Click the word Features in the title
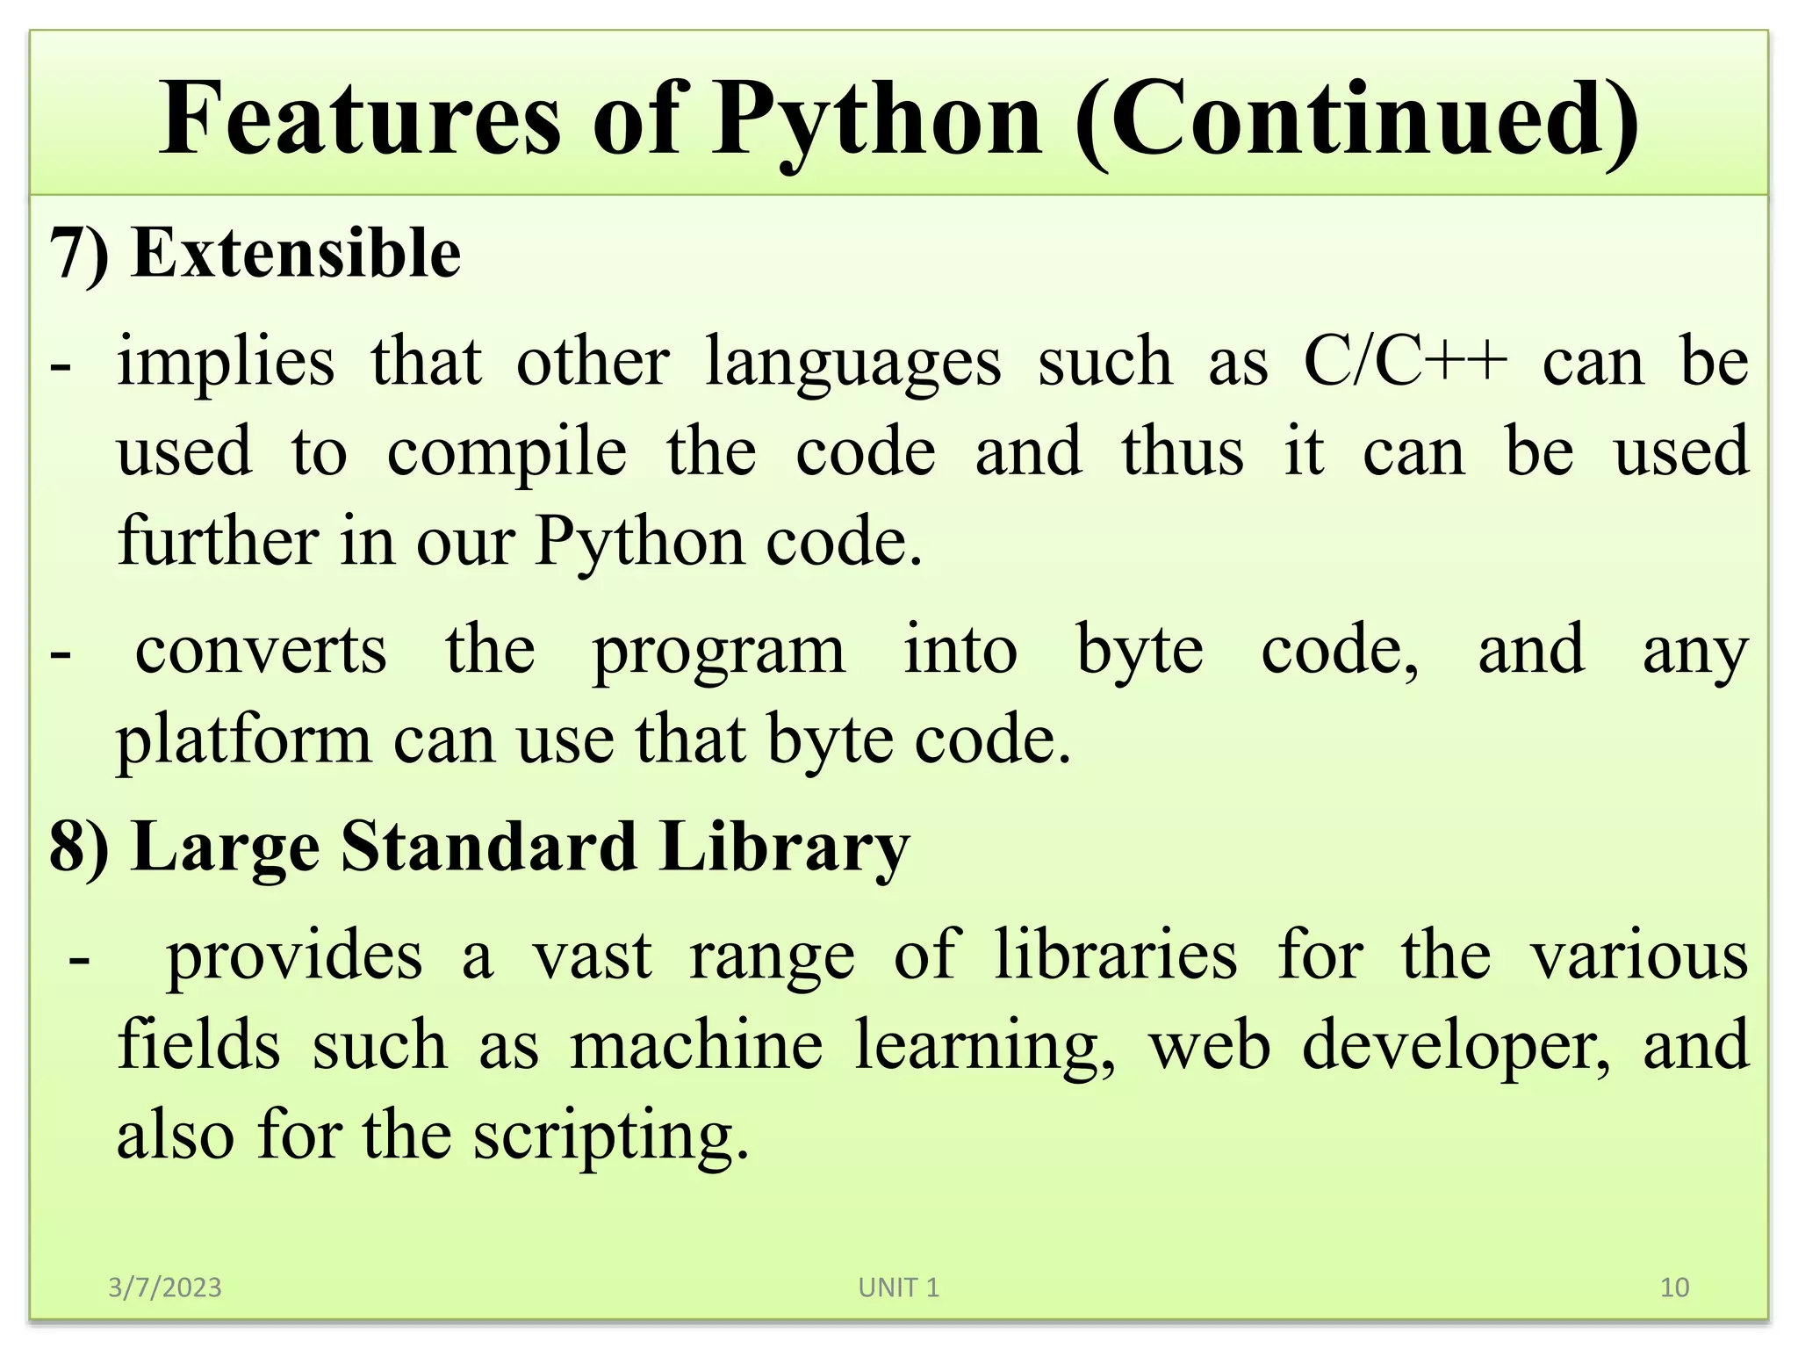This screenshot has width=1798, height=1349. (x=359, y=119)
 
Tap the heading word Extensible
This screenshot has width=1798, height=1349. (x=296, y=253)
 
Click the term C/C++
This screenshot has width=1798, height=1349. (x=1406, y=361)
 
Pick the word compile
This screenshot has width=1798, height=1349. (x=507, y=451)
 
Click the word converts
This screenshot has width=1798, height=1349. (x=261, y=650)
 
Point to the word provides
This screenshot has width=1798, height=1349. (x=294, y=956)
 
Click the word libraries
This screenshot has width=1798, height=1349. (x=1116, y=956)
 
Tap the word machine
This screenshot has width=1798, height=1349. (x=696, y=1045)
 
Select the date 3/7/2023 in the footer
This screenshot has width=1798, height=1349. (x=165, y=1288)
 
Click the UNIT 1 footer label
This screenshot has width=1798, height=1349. (x=898, y=1288)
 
